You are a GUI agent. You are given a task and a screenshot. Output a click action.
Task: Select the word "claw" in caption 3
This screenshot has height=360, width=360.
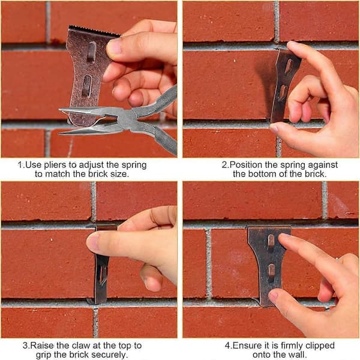click(x=82, y=346)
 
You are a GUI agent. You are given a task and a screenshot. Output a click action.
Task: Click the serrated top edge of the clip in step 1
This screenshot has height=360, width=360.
click(x=94, y=31)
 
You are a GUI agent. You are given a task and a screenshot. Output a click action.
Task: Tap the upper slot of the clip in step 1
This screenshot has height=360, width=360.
click(x=91, y=52)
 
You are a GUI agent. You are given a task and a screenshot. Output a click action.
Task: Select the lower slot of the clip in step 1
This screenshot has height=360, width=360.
click(x=86, y=86)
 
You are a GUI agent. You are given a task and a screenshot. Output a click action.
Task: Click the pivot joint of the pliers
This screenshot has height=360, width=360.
click(x=127, y=119)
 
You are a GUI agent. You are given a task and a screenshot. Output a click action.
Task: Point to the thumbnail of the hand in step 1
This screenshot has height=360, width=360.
click(x=114, y=46)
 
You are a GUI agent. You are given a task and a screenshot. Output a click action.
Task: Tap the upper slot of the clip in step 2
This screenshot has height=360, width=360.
click(x=289, y=67)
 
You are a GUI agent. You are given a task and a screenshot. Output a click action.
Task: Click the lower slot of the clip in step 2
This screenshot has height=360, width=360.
click(x=283, y=92)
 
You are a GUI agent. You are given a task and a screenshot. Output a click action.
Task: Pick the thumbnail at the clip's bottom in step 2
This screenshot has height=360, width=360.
click(x=274, y=128)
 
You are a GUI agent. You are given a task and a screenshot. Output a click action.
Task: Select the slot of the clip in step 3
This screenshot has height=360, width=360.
click(x=103, y=275)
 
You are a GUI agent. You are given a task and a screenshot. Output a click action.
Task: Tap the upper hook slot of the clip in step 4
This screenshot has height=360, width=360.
click(x=271, y=242)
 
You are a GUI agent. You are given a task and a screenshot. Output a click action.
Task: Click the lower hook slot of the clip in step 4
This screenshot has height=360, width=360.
click(x=271, y=273)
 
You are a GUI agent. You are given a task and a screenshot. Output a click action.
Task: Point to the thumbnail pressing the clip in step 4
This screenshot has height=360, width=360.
click(x=273, y=295)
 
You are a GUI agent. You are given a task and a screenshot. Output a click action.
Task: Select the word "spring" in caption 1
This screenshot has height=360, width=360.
click(x=134, y=166)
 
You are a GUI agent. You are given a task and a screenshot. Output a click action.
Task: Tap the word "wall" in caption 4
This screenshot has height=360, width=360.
click(x=298, y=355)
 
